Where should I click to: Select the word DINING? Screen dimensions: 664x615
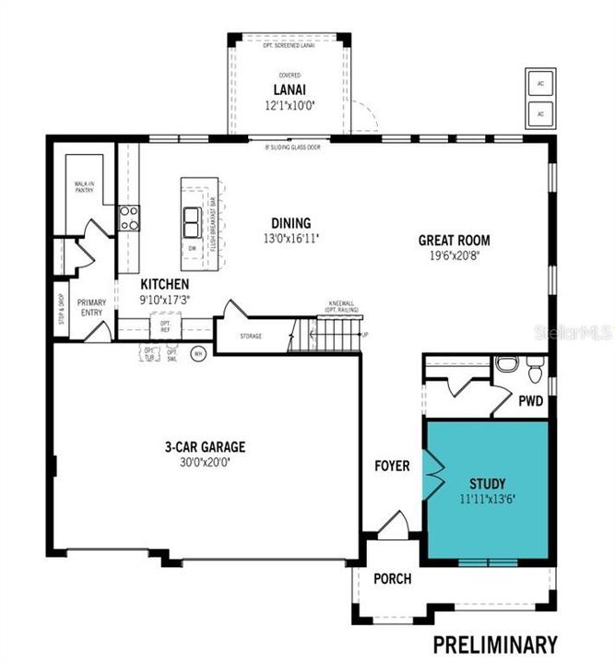[290, 222]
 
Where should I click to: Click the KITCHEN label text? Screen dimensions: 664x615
[165, 284]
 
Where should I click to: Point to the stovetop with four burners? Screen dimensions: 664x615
[128, 218]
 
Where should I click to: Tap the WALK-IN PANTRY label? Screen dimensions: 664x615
[86, 187]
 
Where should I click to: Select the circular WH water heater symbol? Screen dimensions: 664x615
[197, 352]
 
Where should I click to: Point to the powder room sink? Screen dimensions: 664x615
[503, 363]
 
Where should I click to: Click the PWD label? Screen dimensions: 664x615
[530, 401]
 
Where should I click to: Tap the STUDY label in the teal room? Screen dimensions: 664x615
[487, 482]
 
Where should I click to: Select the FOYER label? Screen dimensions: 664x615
[392, 466]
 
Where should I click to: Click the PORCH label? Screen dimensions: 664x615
[392, 579]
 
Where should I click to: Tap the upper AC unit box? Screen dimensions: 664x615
[538, 82]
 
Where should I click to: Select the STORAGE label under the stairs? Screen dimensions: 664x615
[251, 336]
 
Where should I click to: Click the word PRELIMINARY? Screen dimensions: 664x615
[495, 644]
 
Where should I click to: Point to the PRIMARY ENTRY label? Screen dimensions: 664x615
[92, 307]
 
